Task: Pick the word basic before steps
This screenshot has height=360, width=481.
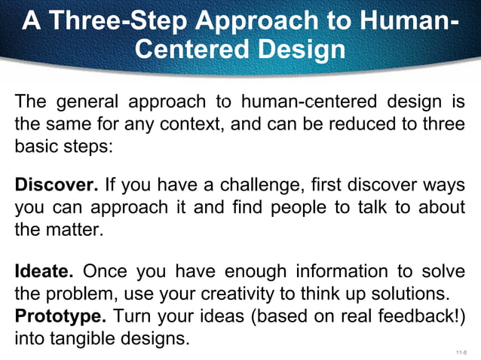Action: [38, 145]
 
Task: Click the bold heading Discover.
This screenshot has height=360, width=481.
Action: [57, 185]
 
